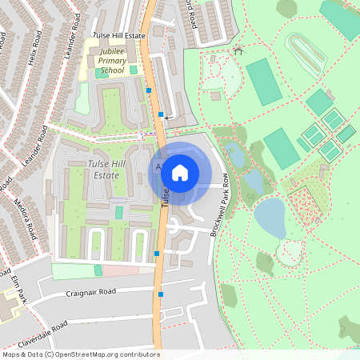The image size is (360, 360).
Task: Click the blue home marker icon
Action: coord(180,172)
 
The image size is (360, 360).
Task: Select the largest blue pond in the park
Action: coord(270,218)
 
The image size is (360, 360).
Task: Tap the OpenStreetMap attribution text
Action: coord(81,354)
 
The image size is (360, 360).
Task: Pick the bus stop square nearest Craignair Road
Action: coord(161,294)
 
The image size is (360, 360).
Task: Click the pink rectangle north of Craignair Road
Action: coord(121,270)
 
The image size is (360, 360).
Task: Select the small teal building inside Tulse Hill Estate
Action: coord(119,213)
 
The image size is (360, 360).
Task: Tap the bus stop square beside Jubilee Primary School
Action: coord(149,90)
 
